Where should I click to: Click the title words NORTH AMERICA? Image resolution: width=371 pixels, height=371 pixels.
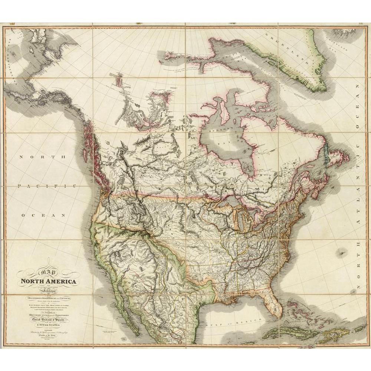click(49, 282)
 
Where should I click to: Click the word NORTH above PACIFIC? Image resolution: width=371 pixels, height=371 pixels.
click(42, 157)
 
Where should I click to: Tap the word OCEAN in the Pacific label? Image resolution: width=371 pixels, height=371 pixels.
click(44, 215)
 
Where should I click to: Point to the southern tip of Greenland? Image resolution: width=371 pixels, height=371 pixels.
click(319, 89)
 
